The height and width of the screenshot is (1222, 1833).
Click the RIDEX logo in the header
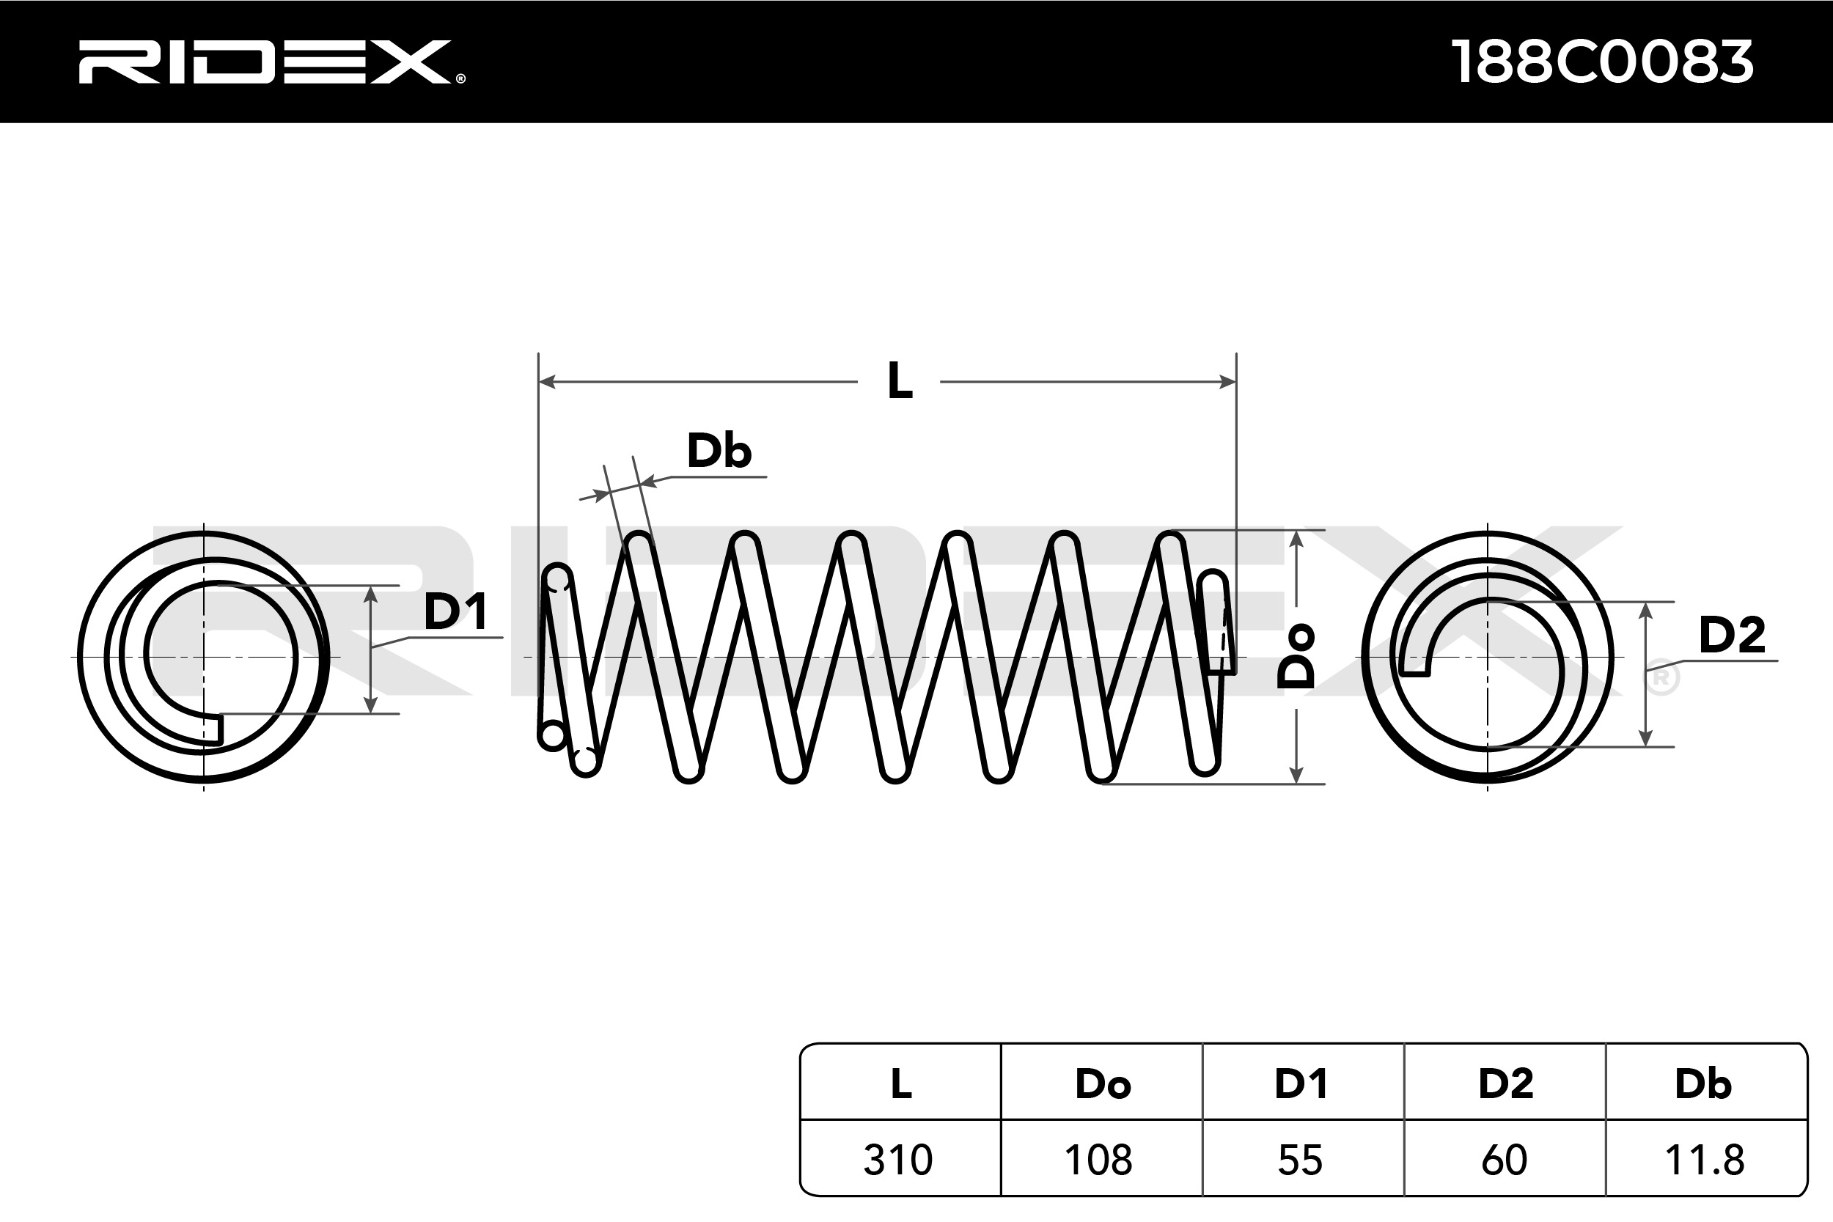265,62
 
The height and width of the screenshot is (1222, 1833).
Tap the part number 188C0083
1602,62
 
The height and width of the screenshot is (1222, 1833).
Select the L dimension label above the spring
900,382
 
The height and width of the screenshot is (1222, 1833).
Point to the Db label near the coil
719,452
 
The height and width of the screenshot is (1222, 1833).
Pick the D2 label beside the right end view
1732,634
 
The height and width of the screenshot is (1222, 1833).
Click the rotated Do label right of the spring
1296,656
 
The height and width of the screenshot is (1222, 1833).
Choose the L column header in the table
901,1083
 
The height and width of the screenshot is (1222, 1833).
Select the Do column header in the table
1102,1083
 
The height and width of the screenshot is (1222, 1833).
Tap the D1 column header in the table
1301,1083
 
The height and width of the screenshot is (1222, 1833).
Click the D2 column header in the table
1506,1083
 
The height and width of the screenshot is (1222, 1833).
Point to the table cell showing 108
1099,1160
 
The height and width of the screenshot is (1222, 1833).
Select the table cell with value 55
1300,1160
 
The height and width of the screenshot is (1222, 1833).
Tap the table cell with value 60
1504,1160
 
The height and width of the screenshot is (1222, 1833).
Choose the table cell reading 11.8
1705,1160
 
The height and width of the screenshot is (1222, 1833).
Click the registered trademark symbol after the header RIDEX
460,78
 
